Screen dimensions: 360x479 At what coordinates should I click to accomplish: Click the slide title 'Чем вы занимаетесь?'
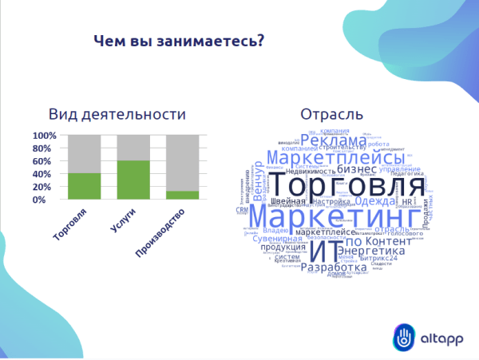179,42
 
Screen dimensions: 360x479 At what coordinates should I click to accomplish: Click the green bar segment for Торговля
84,186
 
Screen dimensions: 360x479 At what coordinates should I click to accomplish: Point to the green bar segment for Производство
182,195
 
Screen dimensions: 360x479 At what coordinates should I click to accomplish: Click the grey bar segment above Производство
182,163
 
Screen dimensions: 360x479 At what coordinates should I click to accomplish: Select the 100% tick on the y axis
46,136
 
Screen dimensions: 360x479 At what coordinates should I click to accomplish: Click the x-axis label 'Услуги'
122,219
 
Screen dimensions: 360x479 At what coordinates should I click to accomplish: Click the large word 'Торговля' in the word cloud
355,186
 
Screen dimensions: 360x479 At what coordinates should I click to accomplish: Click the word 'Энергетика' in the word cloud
371,251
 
